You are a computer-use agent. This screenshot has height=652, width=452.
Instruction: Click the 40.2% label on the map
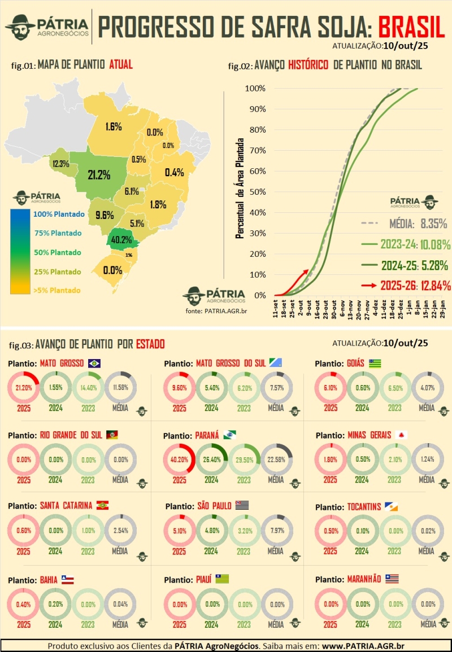point(121,239)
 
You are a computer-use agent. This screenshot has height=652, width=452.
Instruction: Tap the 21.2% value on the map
point(99,175)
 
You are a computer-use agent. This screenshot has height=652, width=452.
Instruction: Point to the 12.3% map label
point(60,164)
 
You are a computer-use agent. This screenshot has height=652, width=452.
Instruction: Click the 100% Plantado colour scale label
point(58,215)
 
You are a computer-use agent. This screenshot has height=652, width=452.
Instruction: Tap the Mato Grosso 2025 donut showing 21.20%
point(24,388)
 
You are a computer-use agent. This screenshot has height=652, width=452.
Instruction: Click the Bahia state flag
point(67,580)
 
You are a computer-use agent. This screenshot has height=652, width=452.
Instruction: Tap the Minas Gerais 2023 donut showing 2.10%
point(394,460)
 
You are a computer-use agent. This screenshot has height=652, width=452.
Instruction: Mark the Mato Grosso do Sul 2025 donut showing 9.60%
point(179,388)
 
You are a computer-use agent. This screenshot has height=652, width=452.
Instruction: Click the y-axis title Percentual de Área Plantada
point(240,187)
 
